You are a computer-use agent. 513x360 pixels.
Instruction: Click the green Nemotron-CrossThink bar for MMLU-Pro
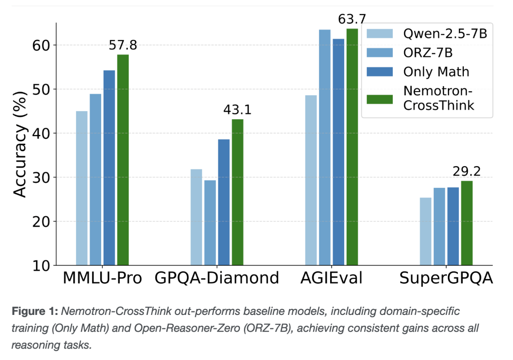click(123, 160)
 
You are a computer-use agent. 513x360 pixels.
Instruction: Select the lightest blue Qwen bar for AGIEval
click(311, 180)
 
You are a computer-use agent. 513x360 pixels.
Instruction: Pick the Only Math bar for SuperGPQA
click(453, 226)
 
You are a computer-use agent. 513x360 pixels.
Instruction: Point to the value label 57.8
click(123, 46)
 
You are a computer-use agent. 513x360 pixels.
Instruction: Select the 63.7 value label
click(352, 20)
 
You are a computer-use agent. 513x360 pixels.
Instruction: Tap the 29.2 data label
click(466, 172)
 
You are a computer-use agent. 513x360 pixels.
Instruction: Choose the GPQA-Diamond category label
click(216, 278)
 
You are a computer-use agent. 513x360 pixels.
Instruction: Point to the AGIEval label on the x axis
click(331, 278)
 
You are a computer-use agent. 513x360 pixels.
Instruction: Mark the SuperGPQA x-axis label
click(446, 278)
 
